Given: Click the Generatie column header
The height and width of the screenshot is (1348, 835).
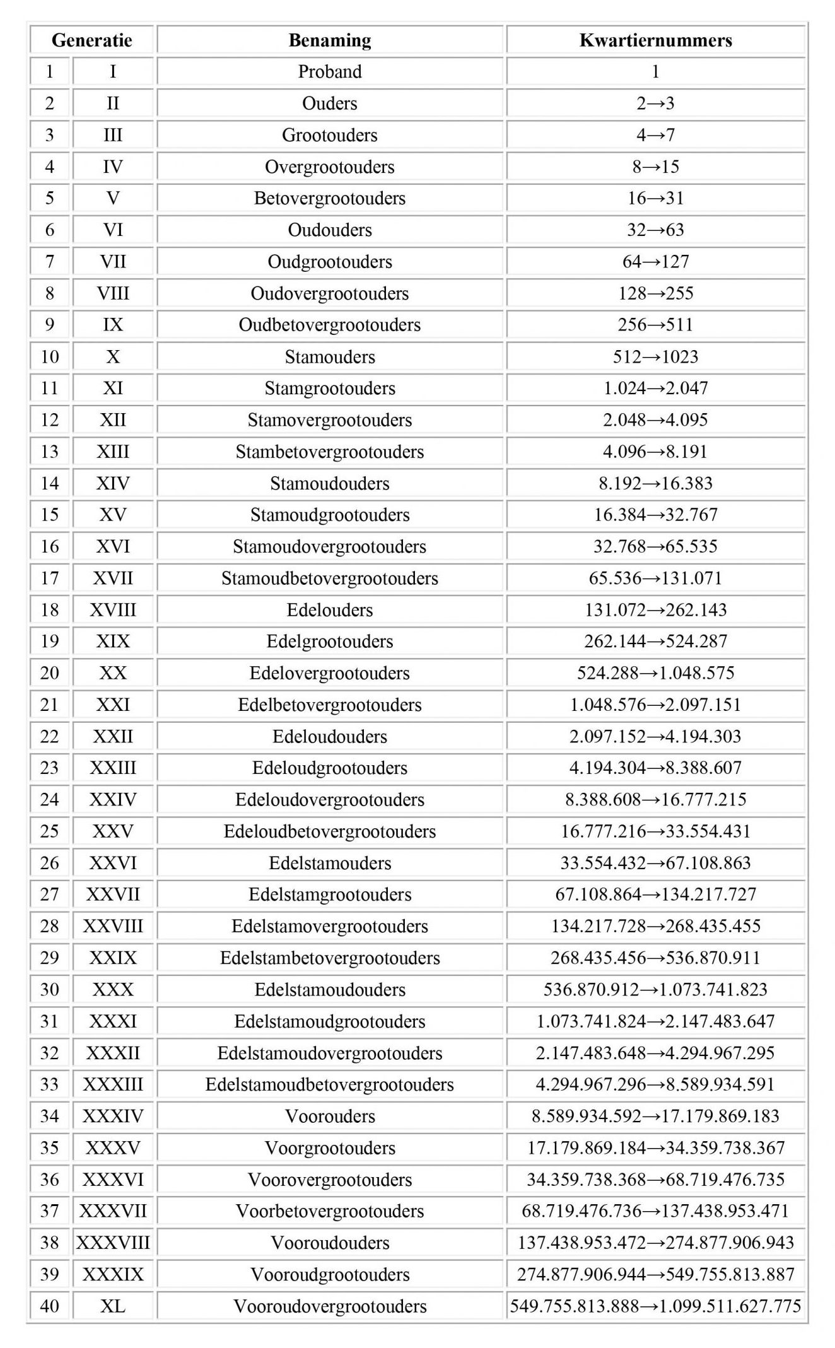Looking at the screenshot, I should click(92, 40).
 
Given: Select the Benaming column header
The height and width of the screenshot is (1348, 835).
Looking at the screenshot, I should click(330, 40).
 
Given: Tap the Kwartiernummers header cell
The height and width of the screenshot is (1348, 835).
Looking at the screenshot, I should click(656, 40).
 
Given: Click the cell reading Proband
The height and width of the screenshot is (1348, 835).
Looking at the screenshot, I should click(330, 71).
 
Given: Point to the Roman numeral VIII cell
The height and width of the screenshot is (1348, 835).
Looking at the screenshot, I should click(113, 293).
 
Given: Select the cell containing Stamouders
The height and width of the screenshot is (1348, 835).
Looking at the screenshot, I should click(330, 356).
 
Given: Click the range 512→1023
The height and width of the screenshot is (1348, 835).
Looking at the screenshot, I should click(656, 356).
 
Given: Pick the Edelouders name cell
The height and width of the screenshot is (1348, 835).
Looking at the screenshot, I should click(330, 609).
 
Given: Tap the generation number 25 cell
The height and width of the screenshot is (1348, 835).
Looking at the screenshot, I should click(50, 831).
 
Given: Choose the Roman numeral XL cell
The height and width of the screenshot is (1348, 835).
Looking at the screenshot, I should click(113, 1306).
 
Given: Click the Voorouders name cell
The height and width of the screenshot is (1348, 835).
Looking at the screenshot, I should click(330, 1116).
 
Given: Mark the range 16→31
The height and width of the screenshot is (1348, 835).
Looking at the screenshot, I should click(656, 198).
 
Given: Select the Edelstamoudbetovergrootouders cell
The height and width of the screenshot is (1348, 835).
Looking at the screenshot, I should click(330, 1084).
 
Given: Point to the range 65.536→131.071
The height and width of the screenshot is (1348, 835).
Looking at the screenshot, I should click(656, 578).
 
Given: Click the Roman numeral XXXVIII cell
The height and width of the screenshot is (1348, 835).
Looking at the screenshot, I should click(113, 1243).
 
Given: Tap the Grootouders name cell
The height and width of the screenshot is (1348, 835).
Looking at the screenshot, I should click(330, 135).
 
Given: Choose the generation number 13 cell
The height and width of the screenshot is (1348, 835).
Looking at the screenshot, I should click(50, 451).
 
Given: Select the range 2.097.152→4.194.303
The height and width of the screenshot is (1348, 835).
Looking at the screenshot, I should click(656, 736).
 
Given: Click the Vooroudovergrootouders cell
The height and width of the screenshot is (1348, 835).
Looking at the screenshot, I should click(330, 1306).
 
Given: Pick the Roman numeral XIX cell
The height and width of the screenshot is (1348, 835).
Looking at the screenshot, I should click(113, 641).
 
